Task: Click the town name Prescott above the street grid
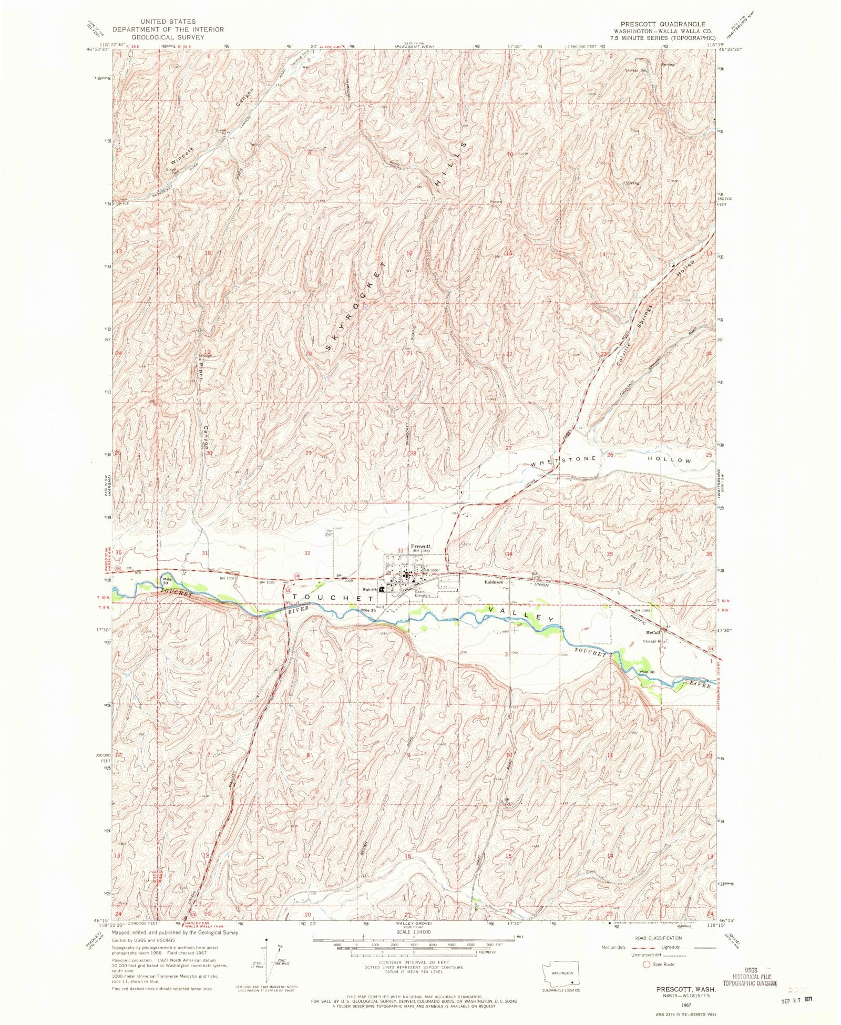(x=420, y=546)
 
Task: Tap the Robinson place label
(x=494, y=582)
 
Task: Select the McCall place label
(x=653, y=633)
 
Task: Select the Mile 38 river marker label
(x=647, y=672)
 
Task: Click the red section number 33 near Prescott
(x=401, y=551)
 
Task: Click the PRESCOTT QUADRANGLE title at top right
(x=663, y=24)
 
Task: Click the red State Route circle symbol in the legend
(x=647, y=965)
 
